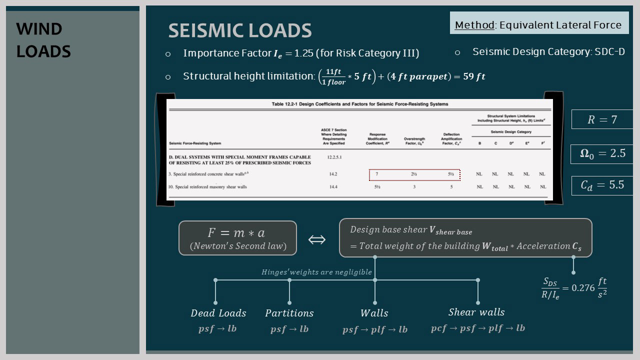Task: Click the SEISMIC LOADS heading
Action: (240, 30)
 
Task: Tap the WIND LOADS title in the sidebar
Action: (43, 40)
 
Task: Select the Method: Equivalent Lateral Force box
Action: (538, 25)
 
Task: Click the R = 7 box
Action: (602, 119)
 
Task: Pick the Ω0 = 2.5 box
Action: (602, 153)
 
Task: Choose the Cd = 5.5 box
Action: (602, 185)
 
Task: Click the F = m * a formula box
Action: (237, 238)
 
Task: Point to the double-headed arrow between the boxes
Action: (317, 239)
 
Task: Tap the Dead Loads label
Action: (218, 313)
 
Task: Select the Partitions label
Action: (289, 313)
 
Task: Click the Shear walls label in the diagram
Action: (476, 312)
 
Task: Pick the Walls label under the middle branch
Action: (374, 313)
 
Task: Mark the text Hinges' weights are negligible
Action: (316, 272)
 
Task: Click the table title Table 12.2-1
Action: (359, 104)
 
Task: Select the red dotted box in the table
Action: (414, 174)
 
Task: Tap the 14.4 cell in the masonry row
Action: (333, 187)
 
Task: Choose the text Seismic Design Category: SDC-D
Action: (548, 52)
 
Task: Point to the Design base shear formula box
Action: (465, 238)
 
